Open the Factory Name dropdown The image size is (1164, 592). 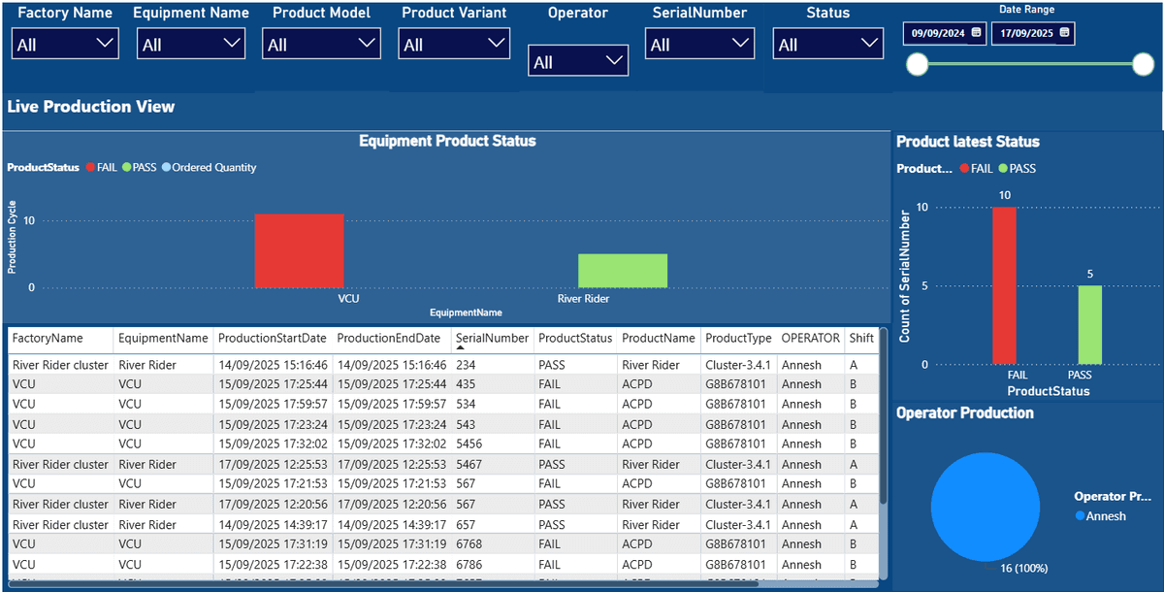coord(65,44)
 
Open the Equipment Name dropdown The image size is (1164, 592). coord(190,44)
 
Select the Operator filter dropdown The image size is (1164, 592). coord(578,61)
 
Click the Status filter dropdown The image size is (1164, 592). coord(827,44)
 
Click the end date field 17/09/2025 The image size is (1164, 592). coord(1032,33)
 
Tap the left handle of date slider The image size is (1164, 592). coord(917,65)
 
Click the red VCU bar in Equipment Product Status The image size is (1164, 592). coord(299,250)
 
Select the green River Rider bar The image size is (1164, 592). coord(622,271)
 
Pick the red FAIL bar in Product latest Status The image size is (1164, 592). coord(1004,285)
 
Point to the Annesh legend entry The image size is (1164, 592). coord(1105,516)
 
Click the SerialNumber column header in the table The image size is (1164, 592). coord(491,339)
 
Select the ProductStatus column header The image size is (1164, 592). coord(575,339)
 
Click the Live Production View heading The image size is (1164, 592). coord(91,107)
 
